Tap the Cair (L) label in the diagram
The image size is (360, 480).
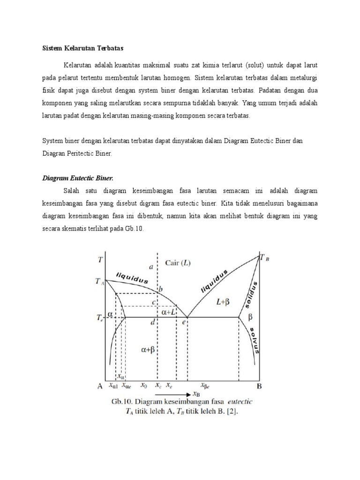[178, 263]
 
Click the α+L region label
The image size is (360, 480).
[169, 311]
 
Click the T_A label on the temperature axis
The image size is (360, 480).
[99, 282]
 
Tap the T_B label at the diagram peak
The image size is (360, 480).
[264, 257]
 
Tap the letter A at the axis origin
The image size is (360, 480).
[100, 386]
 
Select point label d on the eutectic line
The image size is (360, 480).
[153, 322]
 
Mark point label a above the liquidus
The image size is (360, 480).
[151, 267]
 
